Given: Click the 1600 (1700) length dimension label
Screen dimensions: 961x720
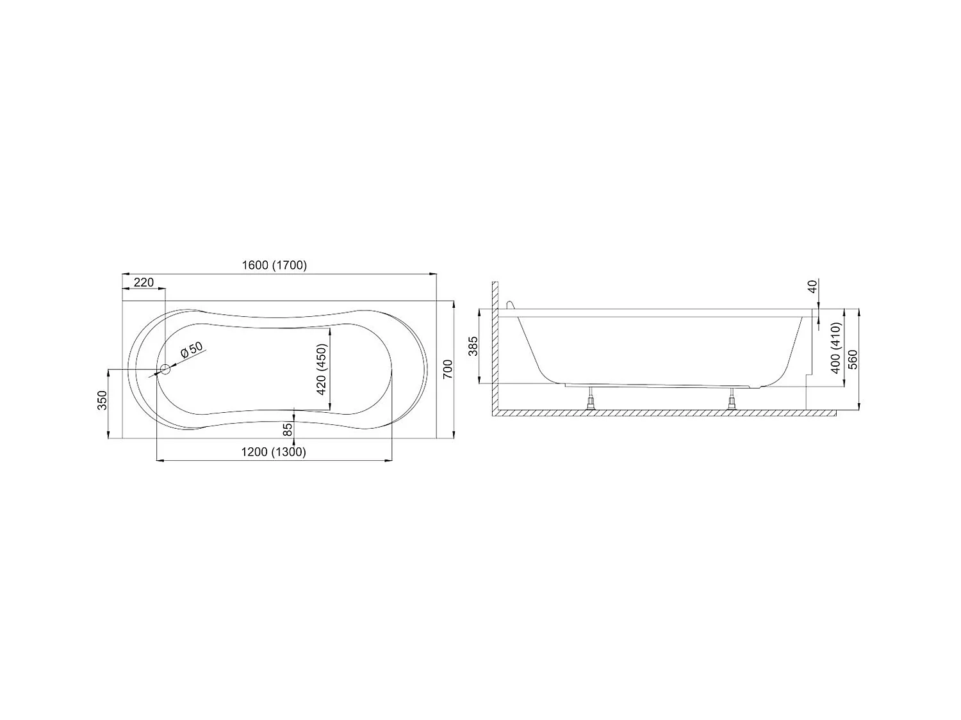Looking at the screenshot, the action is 274,266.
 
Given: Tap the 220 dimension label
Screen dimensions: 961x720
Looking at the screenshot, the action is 144,282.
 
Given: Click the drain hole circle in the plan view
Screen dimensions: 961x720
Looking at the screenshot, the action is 165,369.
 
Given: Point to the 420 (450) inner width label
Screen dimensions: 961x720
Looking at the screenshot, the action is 322,369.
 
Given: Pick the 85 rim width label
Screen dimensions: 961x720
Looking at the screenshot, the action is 287,429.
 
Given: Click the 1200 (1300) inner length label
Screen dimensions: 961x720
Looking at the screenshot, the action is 274,452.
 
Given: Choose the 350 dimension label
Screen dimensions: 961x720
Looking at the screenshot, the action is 102,401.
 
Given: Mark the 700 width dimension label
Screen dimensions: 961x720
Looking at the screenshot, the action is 447,369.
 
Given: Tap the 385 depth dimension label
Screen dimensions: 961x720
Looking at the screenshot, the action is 473,346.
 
